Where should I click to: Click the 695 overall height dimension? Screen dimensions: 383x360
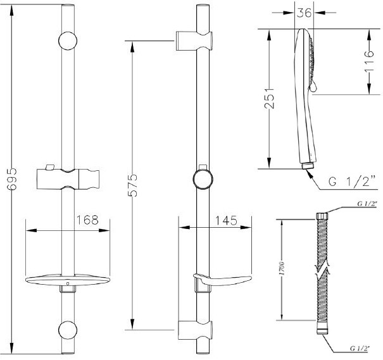[x=11, y=178]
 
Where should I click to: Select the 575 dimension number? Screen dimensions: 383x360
[x=133, y=185]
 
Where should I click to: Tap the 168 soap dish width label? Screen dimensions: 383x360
[x=88, y=220]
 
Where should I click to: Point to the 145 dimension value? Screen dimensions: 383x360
[x=226, y=220]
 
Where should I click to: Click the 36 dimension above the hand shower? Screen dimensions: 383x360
[x=305, y=12]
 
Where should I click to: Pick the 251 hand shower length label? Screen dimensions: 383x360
[x=270, y=97]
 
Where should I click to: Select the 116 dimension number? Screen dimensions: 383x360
[x=369, y=61]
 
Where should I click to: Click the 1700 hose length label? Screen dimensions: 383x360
[x=282, y=268]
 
